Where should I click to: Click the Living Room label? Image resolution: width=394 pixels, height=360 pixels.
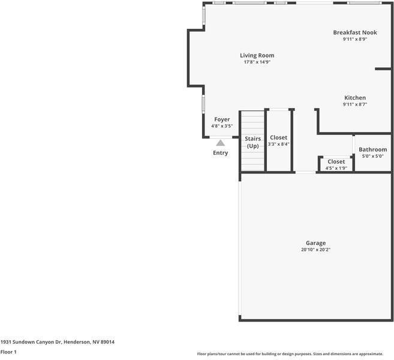tap(257, 55)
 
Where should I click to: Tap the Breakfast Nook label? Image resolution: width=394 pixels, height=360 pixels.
tap(355, 32)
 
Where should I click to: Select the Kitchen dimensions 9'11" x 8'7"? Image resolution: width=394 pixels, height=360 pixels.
tap(355, 104)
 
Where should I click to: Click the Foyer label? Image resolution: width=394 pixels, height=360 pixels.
tap(222, 119)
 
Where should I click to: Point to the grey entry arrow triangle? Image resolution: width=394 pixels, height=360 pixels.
tap(220, 143)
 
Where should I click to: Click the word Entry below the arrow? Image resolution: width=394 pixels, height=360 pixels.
tap(220, 153)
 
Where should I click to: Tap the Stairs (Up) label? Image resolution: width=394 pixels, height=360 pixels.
tap(253, 142)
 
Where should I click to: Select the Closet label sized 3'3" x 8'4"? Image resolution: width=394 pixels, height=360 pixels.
tap(278, 137)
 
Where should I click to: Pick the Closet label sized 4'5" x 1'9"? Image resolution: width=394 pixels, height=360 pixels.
tap(336, 161)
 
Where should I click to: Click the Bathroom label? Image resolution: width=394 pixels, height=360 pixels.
tap(373, 149)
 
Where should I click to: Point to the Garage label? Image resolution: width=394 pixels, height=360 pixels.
tap(316, 243)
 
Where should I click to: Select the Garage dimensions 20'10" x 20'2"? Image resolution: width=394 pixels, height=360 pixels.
tap(316, 250)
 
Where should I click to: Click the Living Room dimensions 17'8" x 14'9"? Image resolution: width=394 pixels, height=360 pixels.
tap(257, 62)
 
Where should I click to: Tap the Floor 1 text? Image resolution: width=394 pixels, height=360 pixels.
tap(8, 352)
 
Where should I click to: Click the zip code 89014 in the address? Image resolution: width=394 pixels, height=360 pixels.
tap(107, 342)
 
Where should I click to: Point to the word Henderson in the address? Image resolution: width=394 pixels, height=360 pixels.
tap(76, 342)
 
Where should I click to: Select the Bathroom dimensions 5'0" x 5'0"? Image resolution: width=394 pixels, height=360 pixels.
tap(373, 156)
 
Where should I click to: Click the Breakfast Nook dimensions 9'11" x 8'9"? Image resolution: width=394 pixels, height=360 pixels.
tap(355, 39)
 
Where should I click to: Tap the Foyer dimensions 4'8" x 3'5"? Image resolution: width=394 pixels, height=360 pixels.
tap(222, 126)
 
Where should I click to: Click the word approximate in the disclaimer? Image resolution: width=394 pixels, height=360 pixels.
tap(371, 354)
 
